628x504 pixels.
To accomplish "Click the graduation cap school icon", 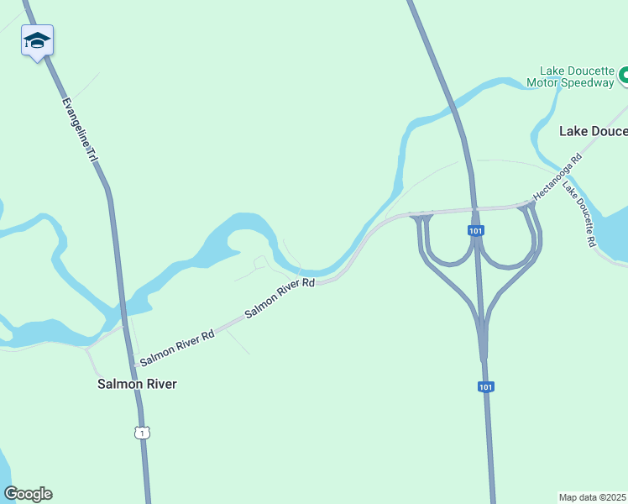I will pos(37,40).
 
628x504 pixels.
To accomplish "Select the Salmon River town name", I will pos(138,384).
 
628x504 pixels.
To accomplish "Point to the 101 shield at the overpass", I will pos(475,229).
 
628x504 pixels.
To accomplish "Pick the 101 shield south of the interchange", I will pos(485,386).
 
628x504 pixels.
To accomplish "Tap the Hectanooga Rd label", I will pos(557,176).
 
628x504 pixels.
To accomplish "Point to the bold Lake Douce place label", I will pos(593,131).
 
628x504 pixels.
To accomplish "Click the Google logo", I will pos(28,494).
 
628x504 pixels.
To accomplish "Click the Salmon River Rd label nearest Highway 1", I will pos(177,347).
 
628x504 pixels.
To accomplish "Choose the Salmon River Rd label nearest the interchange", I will pos(280,298).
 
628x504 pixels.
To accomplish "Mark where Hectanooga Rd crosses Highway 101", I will pos(474,208).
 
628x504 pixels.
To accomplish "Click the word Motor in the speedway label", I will pos(542,82).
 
